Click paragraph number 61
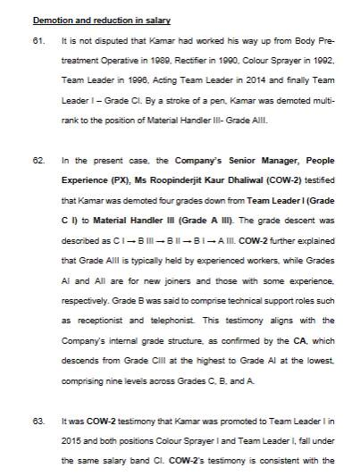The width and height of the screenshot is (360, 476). [x=38, y=42]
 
